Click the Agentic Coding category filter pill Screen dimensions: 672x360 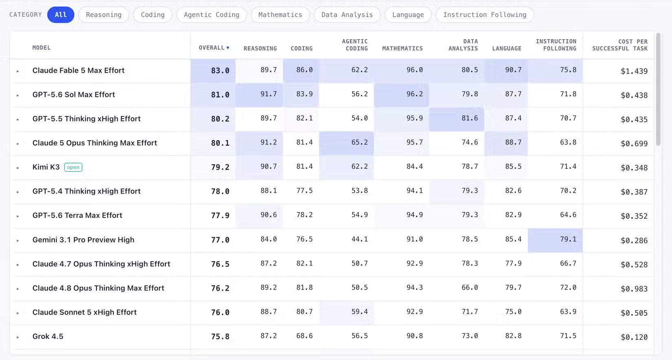tap(211, 15)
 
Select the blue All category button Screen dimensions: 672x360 tap(61, 15)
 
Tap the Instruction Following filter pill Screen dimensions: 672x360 tap(485, 15)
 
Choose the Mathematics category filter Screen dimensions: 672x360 tap(280, 15)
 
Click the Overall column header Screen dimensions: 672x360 tap(214, 48)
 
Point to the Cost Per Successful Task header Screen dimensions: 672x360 tap(620, 45)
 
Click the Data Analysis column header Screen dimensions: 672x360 tap(463, 45)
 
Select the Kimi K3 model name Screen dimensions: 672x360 tap(46, 167)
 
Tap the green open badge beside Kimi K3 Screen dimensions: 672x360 tap(73, 167)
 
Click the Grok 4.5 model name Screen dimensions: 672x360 tap(48, 336)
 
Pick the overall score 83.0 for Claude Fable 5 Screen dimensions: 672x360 tap(220, 70)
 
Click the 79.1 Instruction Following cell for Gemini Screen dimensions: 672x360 tap(568, 239)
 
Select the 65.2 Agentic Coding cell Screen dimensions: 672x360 tap(359, 142)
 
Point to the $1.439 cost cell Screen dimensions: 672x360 tap(634, 71)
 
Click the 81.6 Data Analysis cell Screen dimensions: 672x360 tap(470, 118)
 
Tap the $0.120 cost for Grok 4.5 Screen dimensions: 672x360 tap(634, 337)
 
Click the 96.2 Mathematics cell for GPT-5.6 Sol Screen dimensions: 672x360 tap(415, 94)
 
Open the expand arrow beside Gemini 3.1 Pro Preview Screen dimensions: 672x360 tap(18, 241)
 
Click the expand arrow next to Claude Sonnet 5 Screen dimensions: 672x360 tap(18, 313)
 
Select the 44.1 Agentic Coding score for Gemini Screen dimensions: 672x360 tap(359, 239)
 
